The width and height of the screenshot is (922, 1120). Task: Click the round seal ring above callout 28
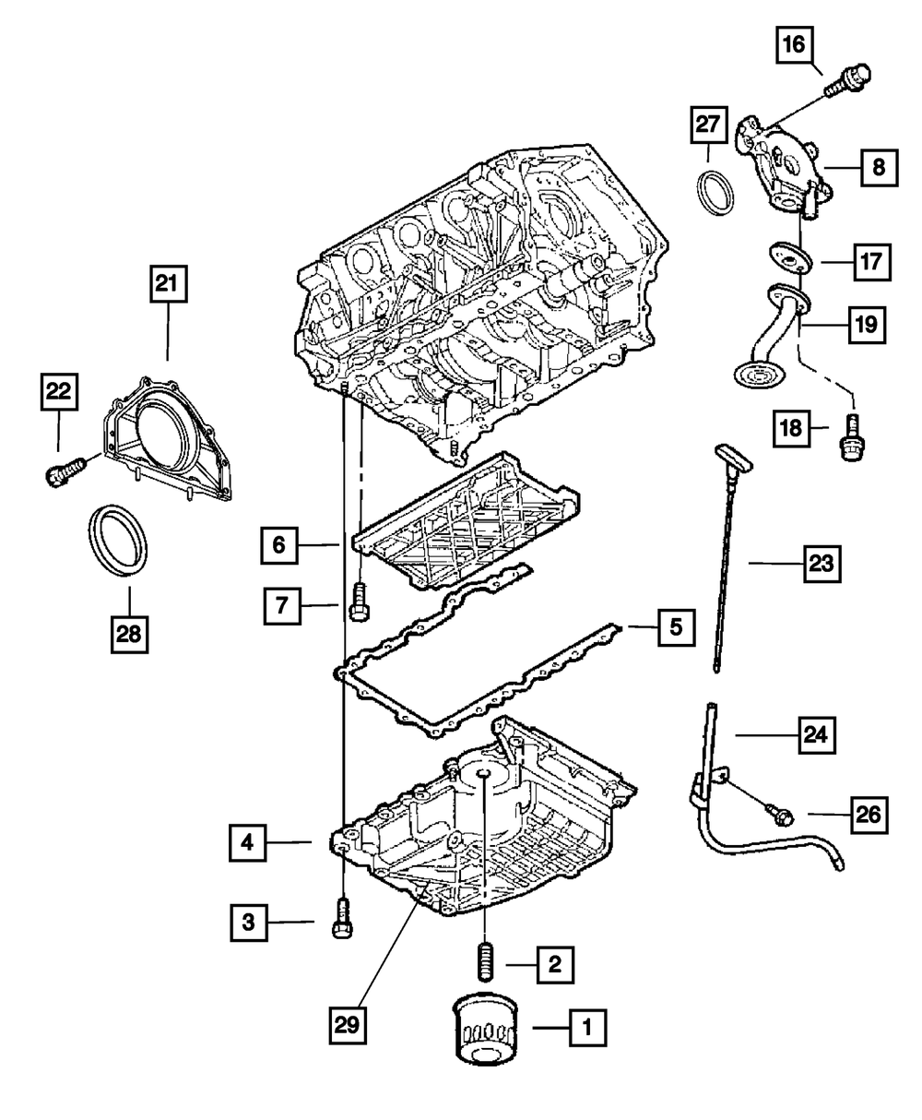coord(118,541)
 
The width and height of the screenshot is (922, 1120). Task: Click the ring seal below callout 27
coord(715,190)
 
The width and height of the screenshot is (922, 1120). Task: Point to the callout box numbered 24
coord(819,735)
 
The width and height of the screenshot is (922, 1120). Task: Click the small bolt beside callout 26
coord(778,813)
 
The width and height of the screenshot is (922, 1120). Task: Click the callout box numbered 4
coord(247,841)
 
